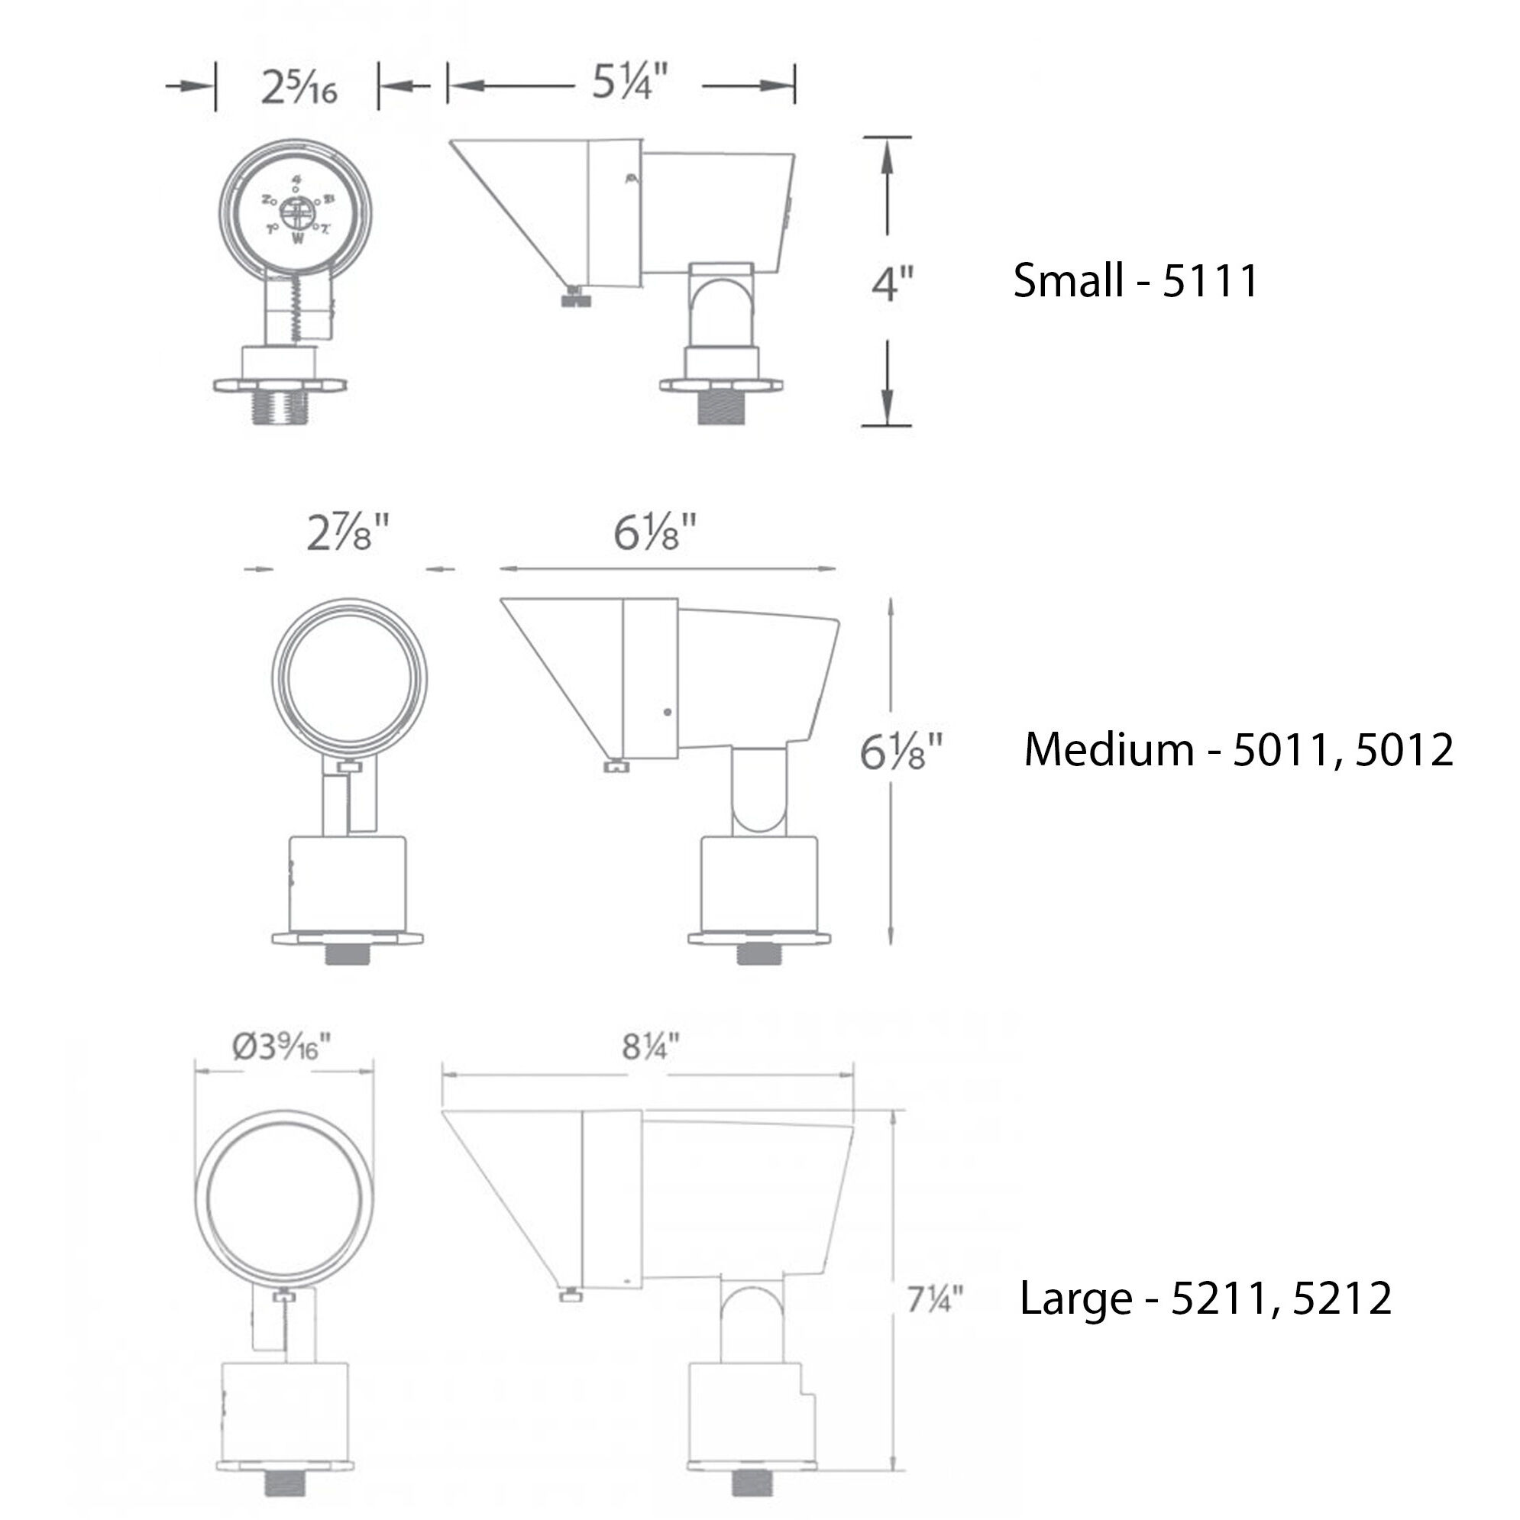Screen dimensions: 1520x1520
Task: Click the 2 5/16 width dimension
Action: tap(299, 86)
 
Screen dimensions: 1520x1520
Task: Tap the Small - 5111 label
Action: tap(1135, 280)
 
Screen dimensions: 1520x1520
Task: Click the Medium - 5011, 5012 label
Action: tap(1238, 749)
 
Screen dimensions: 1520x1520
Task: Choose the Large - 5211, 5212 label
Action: tap(1205, 1298)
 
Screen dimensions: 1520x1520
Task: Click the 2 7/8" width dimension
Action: tap(348, 533)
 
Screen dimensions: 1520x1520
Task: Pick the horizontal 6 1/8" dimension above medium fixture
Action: tap(655, 533)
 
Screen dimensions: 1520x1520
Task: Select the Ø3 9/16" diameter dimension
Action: tap(282, 1047)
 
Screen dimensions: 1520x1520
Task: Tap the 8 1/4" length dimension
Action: tap(650, 1047)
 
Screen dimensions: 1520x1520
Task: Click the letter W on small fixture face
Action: tap(297, 239)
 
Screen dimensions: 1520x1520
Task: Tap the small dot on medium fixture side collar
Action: tap(668, 712)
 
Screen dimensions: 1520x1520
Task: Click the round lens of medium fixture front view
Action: tap(348, 678)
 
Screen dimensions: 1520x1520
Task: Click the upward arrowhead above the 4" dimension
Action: tap(888, 154)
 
